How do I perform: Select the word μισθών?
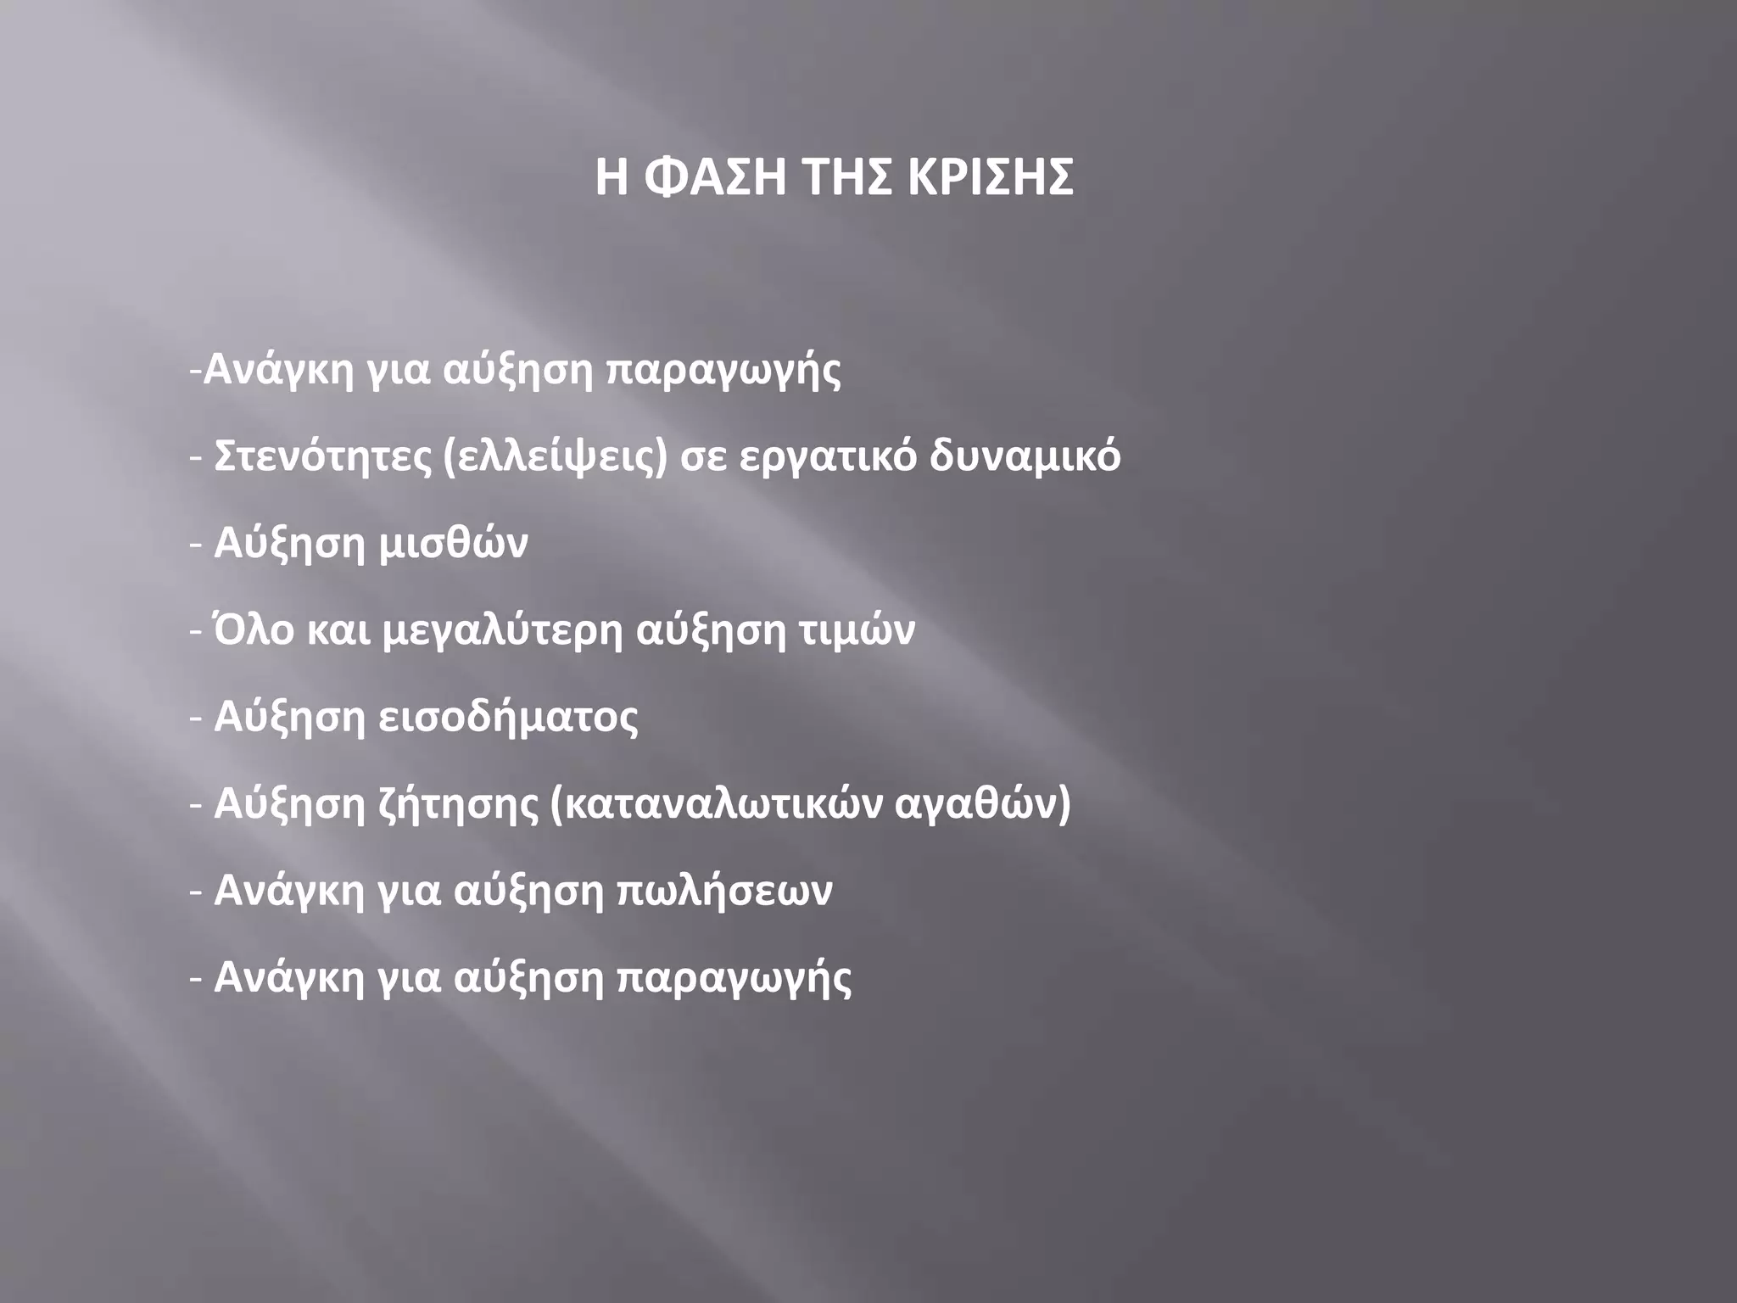click(x=453, y=543)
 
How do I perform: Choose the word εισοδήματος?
click(x=508, y=717)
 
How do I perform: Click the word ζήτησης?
click(x=457, y=805)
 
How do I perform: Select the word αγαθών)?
click(x=983, y=804)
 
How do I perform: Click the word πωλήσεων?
click(x=723, y=891)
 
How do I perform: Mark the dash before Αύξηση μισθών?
click(x=196, y=545)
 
